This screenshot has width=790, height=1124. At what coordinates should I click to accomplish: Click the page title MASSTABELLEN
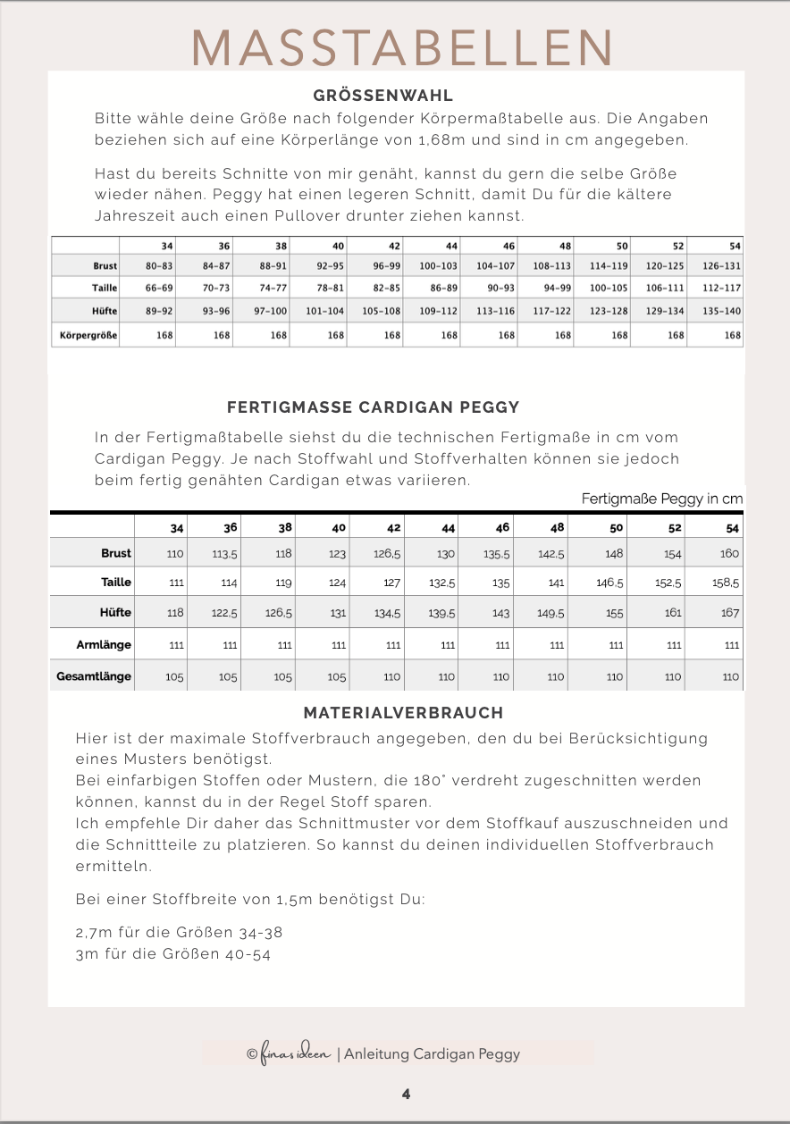[403, 47]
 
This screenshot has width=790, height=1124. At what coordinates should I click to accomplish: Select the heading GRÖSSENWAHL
[383, 96]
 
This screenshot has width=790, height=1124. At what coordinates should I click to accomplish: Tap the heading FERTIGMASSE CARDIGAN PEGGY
[374, 407]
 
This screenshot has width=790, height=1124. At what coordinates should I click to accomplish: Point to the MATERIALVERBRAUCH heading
[403, 713]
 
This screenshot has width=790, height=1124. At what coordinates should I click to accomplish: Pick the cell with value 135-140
[720, 312]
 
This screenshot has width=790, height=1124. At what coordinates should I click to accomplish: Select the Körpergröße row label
[87, 335]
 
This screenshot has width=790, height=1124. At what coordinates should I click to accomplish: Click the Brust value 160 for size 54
[729, 554]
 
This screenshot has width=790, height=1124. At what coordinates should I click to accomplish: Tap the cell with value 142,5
[551, 554]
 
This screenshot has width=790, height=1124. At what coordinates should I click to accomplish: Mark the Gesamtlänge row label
[94, 676]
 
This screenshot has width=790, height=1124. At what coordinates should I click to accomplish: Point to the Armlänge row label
[104, 644]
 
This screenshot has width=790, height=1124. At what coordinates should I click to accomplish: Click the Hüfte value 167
[730, 613]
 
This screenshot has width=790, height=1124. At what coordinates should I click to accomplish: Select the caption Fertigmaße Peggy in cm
[661, 499]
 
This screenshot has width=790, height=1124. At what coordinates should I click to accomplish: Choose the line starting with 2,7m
[179, 932]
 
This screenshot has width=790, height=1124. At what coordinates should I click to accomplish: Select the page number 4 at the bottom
[407, 1094]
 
